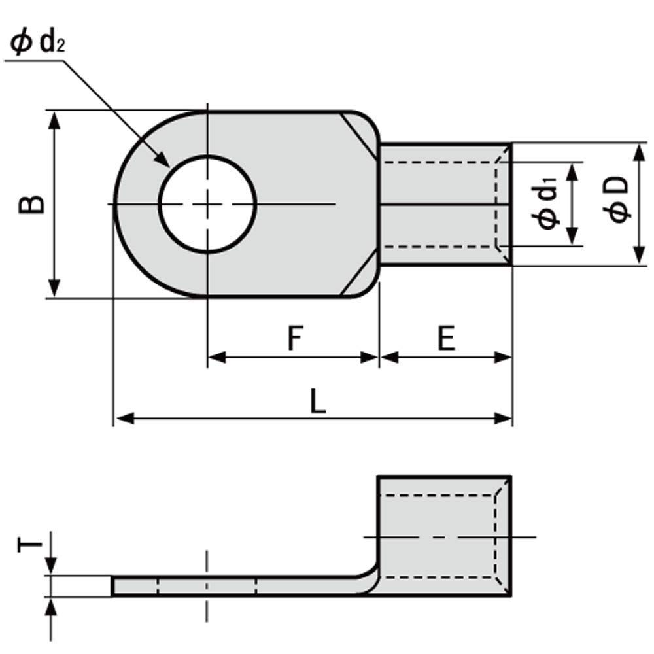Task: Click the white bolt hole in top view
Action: [x=207, y=204]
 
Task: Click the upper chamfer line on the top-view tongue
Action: [x=358, y=133]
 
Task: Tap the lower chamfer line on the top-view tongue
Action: [x=358, y=276]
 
